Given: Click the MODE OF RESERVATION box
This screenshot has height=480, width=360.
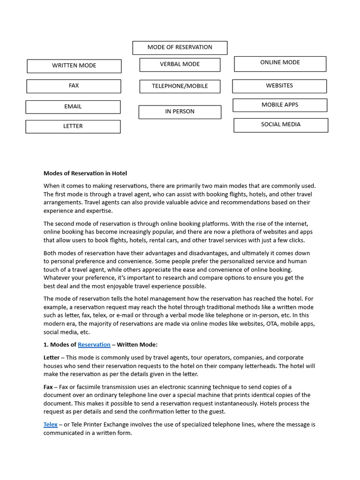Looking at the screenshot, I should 180,47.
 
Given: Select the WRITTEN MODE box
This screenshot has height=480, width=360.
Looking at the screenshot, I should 74,66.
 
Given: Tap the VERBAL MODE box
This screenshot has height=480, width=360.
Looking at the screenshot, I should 180,64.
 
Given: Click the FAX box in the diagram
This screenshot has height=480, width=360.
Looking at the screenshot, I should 74,86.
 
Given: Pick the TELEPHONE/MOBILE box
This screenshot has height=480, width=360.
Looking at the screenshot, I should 180,86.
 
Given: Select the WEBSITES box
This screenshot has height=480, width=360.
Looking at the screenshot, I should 279,86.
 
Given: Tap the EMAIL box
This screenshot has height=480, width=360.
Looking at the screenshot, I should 73,107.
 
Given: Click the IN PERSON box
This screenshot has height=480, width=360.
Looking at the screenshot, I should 180,112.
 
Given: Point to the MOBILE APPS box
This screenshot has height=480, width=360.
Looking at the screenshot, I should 280,105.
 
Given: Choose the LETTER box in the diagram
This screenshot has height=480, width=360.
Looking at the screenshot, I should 73,127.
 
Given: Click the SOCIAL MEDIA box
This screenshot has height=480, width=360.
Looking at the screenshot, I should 281,125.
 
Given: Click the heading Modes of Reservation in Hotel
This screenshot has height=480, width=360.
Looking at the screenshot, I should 85,173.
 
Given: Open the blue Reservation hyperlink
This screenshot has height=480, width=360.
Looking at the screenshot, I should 94,345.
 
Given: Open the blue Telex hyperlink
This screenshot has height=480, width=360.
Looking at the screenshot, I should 51,424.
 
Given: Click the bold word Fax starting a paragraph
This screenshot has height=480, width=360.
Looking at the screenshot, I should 48,387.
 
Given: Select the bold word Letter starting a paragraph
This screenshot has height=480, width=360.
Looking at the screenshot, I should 51,358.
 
